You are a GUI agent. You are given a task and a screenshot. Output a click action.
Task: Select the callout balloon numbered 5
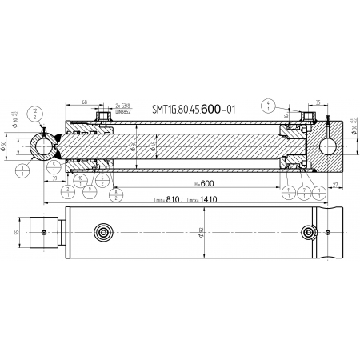tap(54, 166)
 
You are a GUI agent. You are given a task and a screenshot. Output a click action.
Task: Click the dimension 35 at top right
tap(318, 102)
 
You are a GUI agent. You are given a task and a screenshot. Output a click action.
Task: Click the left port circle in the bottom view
tap(102, 233)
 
